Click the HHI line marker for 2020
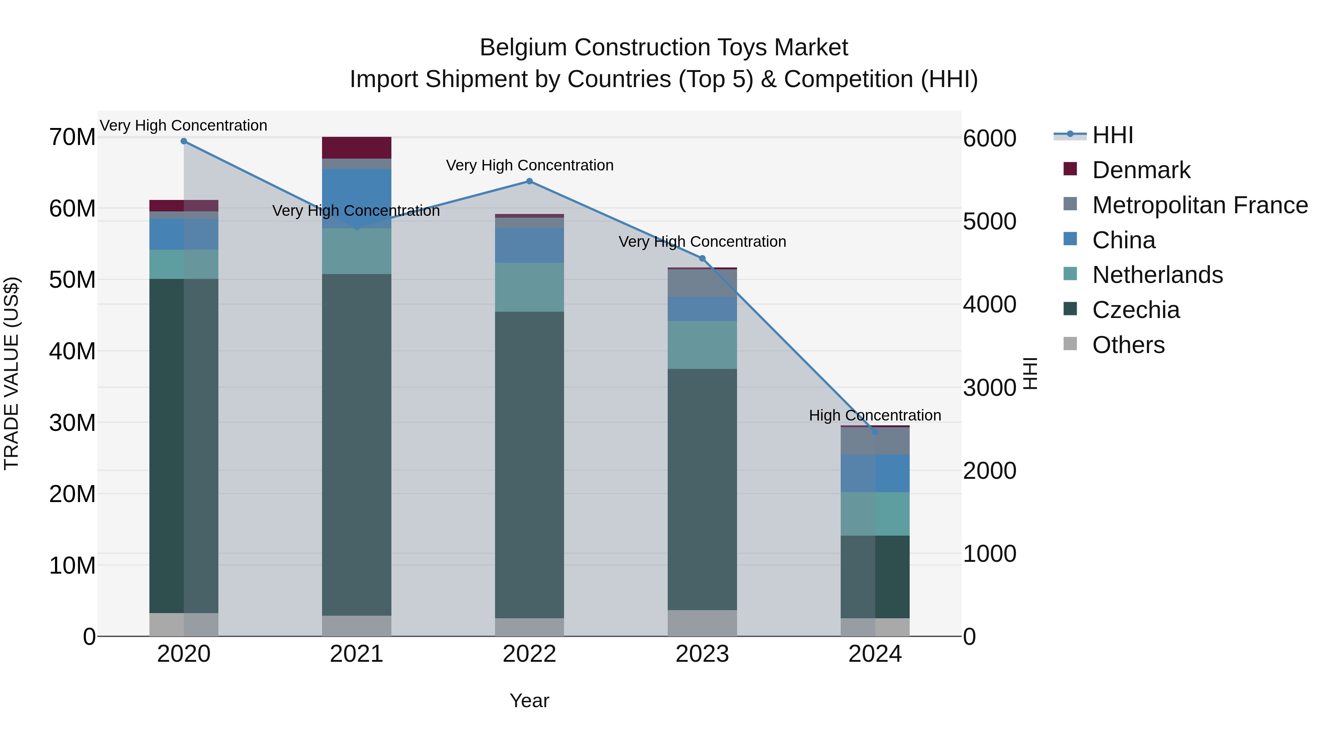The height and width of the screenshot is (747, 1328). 184,141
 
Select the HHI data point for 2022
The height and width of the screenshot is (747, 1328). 529,181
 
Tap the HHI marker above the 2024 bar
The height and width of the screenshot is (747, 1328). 875,432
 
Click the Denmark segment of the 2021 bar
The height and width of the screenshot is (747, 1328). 356,148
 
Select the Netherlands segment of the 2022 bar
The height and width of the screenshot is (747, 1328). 529,287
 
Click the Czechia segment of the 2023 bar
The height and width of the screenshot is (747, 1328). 702,490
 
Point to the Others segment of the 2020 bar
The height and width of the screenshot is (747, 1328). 184,625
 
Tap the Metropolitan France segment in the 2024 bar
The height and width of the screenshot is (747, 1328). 875,441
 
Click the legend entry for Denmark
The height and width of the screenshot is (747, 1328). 1141,170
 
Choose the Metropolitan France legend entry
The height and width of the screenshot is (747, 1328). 1200,205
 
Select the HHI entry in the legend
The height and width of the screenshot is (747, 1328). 1113,135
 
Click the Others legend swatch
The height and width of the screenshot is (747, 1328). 1070,344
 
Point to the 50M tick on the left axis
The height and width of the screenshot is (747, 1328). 72,280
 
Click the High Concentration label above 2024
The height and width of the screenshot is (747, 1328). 875,415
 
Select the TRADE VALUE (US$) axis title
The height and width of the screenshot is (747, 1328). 11,373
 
